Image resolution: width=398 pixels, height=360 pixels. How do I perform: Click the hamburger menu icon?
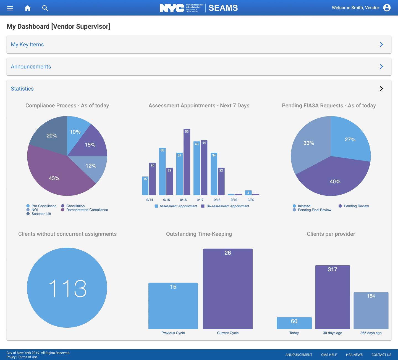10,8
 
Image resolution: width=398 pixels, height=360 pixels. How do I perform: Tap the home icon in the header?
28,8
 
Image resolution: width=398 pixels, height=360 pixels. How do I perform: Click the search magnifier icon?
45,8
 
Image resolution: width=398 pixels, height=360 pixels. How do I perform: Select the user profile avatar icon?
387,8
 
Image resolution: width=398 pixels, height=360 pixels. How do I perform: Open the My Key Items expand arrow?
381,44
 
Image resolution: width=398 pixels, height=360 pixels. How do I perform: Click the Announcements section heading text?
31,67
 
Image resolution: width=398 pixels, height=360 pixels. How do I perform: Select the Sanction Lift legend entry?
41,214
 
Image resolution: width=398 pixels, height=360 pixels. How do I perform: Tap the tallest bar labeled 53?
187,163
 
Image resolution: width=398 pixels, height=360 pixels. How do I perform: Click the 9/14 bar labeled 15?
145,186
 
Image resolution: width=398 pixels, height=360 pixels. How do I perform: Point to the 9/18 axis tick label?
217,200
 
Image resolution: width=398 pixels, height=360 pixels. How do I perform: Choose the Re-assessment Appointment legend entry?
228,206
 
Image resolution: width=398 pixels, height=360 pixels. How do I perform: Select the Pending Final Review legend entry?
314,210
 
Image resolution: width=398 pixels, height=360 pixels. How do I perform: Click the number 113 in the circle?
67,288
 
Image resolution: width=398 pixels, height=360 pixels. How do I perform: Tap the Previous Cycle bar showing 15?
173,306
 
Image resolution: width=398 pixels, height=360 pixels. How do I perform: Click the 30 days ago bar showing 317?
332,297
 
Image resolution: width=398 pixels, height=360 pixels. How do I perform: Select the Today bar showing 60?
294,323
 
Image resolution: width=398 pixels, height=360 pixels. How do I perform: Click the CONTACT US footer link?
381,355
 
